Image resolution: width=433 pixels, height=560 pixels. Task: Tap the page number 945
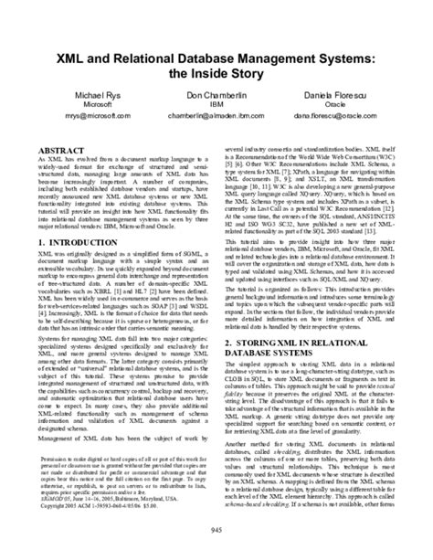216,533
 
